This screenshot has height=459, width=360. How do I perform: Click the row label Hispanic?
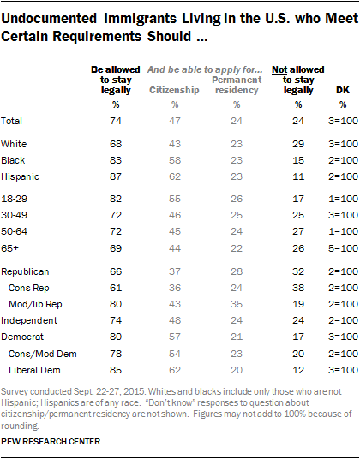click(20, 176)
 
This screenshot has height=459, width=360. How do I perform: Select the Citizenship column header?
click(174, 90)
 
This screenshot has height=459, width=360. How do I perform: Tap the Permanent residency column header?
click(237, 85)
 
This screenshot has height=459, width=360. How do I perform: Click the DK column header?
click(343, 90)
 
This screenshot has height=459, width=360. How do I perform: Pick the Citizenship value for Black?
click(175, 160)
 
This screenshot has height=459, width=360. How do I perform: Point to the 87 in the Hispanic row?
click(116, 176)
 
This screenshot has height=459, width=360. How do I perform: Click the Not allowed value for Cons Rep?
click(298, 288)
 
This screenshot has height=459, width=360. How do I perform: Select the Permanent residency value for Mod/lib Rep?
click(237, 304)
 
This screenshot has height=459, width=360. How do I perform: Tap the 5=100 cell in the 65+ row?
click(343, 248)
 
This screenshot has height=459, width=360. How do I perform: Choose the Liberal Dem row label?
click(34, 370)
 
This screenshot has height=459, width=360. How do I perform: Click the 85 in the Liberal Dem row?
click(116, 370)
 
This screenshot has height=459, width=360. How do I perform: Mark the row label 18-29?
click(14, 199)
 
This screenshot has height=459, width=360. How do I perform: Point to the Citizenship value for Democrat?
click(175, 337)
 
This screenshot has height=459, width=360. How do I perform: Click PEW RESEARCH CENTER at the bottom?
click(51, 442)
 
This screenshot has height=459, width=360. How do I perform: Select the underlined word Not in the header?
click(279, 69)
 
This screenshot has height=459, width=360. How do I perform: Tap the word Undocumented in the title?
click(49, 19)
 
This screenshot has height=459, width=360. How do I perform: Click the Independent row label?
click(29, 320)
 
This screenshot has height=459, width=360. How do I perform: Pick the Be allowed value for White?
click(116, 144)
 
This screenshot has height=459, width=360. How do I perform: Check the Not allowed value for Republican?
click(298, 271)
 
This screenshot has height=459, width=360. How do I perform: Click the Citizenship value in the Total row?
click(175, 121)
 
